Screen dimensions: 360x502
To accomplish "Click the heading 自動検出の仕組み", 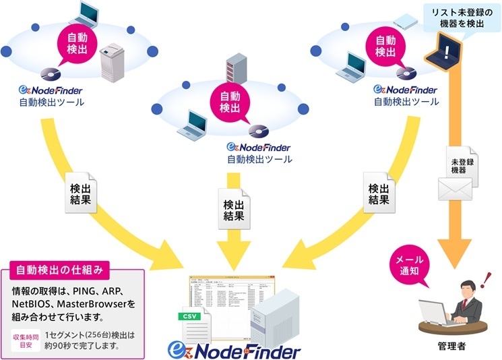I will coord(60,271).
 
